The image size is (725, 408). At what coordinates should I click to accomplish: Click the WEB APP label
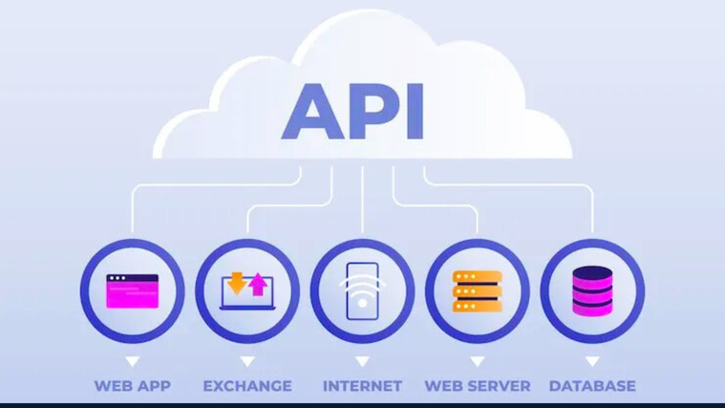(x=132, y=386)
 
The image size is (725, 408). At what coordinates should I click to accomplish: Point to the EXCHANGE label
(x=247, y=386)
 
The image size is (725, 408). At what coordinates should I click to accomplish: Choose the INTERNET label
(x=362, y=386)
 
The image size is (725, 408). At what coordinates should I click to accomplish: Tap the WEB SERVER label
(x=477, y=386)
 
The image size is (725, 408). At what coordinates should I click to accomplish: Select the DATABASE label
(x=592, y=386)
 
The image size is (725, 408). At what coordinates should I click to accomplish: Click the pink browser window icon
(x=133, y=291)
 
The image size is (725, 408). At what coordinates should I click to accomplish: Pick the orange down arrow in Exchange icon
(x=237, y=283)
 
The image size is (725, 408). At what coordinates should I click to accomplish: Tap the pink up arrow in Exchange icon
(x=258, y=284)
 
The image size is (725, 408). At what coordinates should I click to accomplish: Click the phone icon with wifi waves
(x=363, y=290)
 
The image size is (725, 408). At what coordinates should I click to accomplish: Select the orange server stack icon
(x=478, y=291)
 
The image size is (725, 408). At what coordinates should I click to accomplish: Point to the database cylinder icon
(x=592, y=290)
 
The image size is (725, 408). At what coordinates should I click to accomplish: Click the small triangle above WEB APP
(x=132, y=361)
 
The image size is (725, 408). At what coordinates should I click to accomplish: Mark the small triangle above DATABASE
(x=592, y=361)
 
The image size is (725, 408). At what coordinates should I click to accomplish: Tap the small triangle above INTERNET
(x=362, y=361)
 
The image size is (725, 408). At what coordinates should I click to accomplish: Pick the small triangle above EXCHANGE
(x=247, y=361)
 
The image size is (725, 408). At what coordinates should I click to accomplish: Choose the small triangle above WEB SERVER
(x=477, y=361)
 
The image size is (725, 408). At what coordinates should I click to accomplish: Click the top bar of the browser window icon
(x=133, y=278)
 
